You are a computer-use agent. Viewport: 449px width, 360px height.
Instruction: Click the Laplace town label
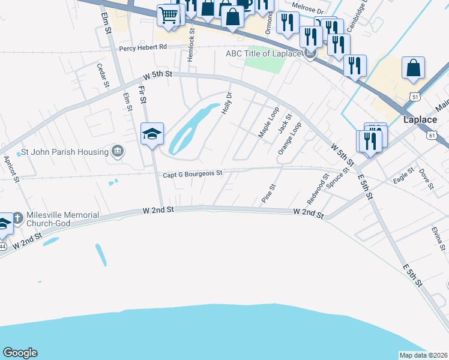point(420,119)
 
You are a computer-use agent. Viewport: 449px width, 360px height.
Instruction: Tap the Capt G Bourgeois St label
point(193,173)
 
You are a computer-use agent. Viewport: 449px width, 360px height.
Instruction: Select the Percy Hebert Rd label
point(143,47)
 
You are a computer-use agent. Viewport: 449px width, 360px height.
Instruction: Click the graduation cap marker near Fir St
point(152,133)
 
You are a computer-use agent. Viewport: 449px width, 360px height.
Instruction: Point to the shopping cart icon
point(168,16)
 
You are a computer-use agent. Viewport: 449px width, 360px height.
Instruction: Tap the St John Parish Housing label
point(56,152)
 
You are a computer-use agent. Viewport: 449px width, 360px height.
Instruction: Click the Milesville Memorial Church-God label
point(50,219)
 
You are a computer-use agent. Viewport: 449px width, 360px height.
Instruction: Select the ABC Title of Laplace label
point(263,53)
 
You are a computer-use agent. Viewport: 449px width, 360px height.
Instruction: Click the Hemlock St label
point(191,40)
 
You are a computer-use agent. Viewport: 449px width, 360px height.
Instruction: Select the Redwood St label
point(318,188)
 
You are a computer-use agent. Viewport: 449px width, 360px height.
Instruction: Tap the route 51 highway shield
point(415,97)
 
